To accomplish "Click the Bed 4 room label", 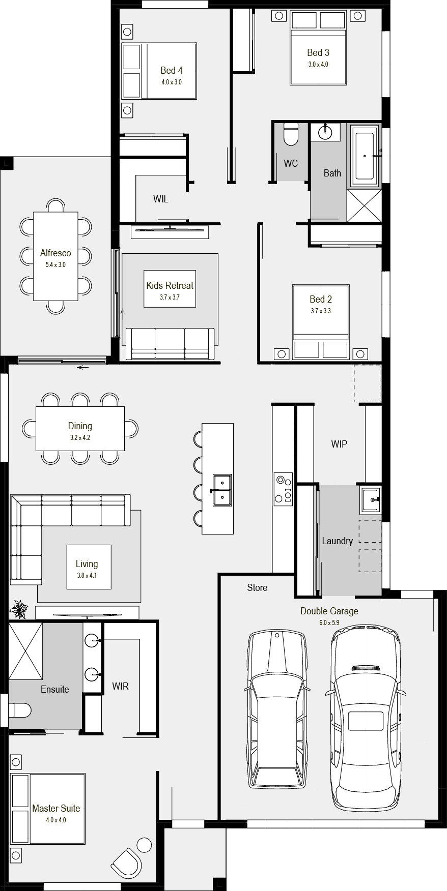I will (171, 70).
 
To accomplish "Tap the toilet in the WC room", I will (291, 134).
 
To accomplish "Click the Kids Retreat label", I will (170, 285).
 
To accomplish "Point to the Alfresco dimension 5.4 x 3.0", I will (55, 265).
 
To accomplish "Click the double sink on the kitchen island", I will (222, 490).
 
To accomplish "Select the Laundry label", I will (337, 541).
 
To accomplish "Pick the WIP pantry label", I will (339, 444).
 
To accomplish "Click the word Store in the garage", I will (257, 587).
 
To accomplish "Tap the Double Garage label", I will (329, 611).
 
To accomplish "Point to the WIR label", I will (120, 686).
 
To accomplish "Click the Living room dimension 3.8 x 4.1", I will (87, 576).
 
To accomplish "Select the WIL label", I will (160, 199).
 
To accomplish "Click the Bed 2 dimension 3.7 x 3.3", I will (321, 311).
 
